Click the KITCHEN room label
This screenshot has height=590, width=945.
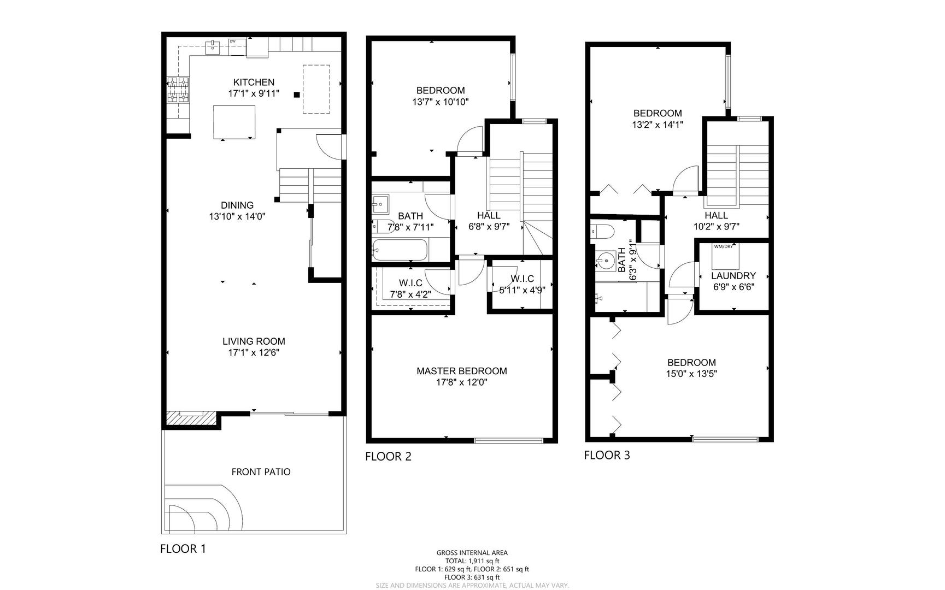click(x=254, y=82)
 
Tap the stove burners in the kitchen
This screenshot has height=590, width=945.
click(x=178, y=90)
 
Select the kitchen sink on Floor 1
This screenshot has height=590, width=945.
click(x=212, y=47)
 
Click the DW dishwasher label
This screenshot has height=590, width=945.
click(x=232, y=42)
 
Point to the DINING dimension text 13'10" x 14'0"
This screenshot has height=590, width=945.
click(x=237, y=216)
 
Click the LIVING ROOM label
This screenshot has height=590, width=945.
click(x=254, y=341)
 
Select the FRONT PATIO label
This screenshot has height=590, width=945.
click(x=261, y=472)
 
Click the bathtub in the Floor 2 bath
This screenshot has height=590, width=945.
click(x=399, y=251)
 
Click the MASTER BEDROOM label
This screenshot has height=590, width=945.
click(x=461, y=371)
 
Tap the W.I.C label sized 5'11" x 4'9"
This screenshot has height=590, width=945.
click(x=522, y=279)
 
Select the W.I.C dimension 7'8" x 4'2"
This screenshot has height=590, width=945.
click(x=410, y=294)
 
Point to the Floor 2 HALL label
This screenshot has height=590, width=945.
click(x=489, y=216)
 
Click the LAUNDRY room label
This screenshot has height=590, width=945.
click(x=733, y=276)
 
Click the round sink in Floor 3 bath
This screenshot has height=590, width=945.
click(x=604, y=261)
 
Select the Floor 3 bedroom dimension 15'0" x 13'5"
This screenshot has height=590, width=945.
click(x=691, y=374)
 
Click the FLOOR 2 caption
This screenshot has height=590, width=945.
click(x=388, y=456)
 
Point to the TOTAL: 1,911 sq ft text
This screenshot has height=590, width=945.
click(x=472, y=561)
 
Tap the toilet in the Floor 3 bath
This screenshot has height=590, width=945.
click(x=601, y=231)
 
